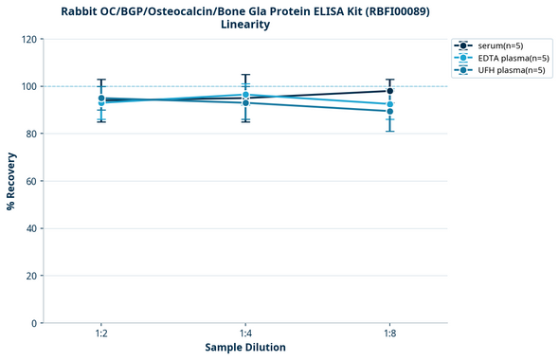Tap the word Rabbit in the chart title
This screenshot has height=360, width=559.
tap(82, 10)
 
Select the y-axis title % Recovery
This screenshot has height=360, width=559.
tap(11, 180)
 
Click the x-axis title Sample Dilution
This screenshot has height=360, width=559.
tap(244, 348)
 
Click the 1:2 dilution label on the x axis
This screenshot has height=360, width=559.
tap(100, 333)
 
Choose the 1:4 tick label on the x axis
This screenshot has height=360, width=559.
tap(245, 333)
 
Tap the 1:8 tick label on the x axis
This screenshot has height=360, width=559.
tap(389, 333)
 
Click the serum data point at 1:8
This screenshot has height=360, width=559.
tap(389, 91)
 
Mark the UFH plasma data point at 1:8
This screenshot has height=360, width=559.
tap(389, 111)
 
